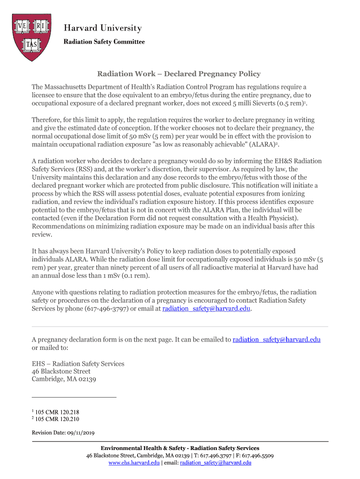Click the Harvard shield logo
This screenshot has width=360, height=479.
[x=32, y=37]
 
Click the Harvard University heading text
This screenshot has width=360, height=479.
[x=102, y=28]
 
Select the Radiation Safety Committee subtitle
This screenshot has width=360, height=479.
[x=104, y=42]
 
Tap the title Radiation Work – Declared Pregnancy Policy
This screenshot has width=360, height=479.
[x=179, y=74]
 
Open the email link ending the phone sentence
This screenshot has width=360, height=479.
[x=207, y=309]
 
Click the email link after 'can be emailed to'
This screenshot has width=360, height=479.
[x=276, y=340]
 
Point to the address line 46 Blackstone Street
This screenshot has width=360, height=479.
[x=61, y=371]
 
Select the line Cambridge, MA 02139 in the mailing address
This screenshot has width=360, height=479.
[x=64, y=379]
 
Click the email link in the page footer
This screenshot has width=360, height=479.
[x=216, y=463]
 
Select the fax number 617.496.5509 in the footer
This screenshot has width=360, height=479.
[x=256, y=456]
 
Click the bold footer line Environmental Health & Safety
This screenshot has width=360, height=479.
[x=180, y=448]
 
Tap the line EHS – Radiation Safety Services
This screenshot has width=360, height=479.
[x=78, y=363]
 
